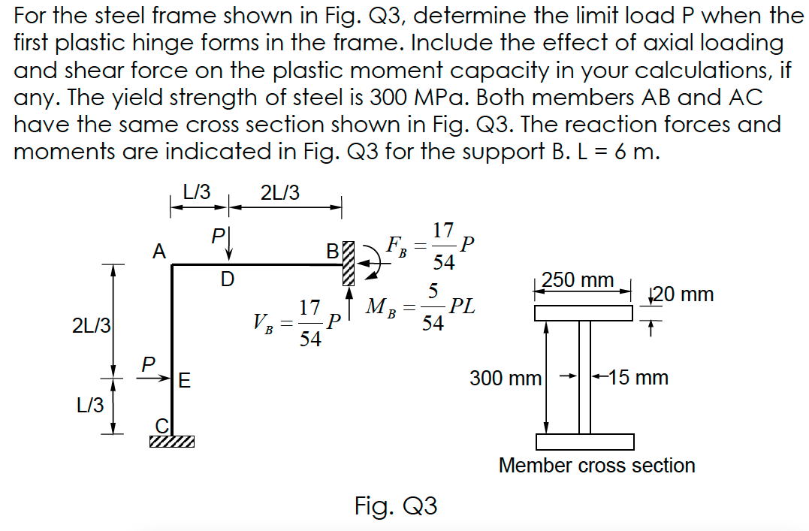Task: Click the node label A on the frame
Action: pyautogui.click(x=158, y=252)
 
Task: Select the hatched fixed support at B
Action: pyautogui.click(x=348, y=264)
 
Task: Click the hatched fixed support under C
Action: pyautogui.click(x=171, y=442)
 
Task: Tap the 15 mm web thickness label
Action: pyautogui.click(x=638, y=377)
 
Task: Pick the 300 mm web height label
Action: pyautogui.click(x=506, y=378)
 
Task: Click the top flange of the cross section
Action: pyautogui.click(x=584, y=312)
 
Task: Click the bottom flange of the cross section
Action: pyautogui.click(x=584, y=441)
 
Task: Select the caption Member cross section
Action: pyautogui.click(x=596, y=466)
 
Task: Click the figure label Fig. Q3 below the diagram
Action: pyautogui.click(x=396, y=505)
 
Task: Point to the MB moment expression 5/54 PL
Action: pyautogui.click(x=421, y=308)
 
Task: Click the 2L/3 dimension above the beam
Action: pyautogui.click(x=279, y=193)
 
